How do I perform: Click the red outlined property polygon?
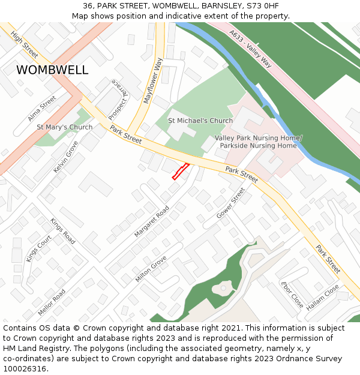pyautogui.click(x=181, y=171)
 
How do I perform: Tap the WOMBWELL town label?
pyautogui.click(x=52, y=70)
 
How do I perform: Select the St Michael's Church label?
pyautogui.click(x=200, y=121)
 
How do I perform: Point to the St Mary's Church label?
pyautogui.click(x=65, y=127)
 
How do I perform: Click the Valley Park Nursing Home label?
pyautogui.click(x=259, y=142)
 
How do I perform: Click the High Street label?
pyautogui.click(x=25, y=45)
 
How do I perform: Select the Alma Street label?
pyautogui.click(x=43, y=108)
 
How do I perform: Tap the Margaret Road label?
pyautogui.click(x=152, y=221)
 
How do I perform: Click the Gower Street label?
pyautogui.click(x=231, y=203)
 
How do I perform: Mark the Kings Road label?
pyautogui.click(x=63, y=231)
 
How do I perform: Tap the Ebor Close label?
pyautogui.click(x=292, y=294)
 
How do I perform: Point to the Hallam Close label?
pyautogui.click(x=323, y=298)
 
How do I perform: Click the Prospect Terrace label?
pyautogui.click(x=118, y=99)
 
